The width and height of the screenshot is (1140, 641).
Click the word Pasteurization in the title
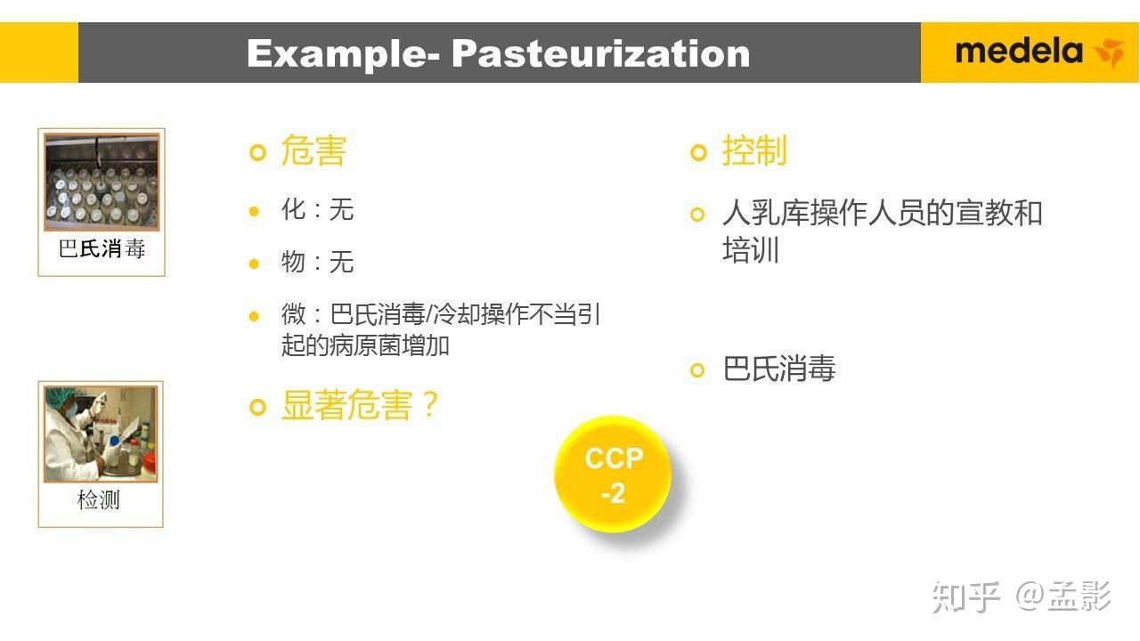pos(601,53)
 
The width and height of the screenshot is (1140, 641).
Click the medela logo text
pos(1019,52)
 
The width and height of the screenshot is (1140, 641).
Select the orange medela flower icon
pos(1109,53)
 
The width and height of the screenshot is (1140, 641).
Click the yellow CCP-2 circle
pos(613,475)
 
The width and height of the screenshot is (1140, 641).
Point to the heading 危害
pos(313,151)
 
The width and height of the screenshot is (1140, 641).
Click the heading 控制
pos(754,151)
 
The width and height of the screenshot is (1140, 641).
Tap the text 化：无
pos(318,209)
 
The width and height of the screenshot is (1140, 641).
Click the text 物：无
pos(318,262)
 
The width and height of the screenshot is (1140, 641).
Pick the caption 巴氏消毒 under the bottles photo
pos(102,248)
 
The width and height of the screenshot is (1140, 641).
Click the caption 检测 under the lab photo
pos(99,499)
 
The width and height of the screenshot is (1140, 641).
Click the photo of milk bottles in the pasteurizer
pos(102,183)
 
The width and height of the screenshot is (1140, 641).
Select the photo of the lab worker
pos(101,434)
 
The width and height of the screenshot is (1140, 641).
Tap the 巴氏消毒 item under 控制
pos(779,369)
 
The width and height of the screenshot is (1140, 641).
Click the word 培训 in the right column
pos(751,249)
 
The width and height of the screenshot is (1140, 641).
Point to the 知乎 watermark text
pos(966,597)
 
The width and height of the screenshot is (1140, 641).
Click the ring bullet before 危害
pos(258,152)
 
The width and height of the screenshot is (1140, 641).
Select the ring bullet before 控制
pos(699,152)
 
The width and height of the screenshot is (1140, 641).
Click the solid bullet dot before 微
pos(254,316)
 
